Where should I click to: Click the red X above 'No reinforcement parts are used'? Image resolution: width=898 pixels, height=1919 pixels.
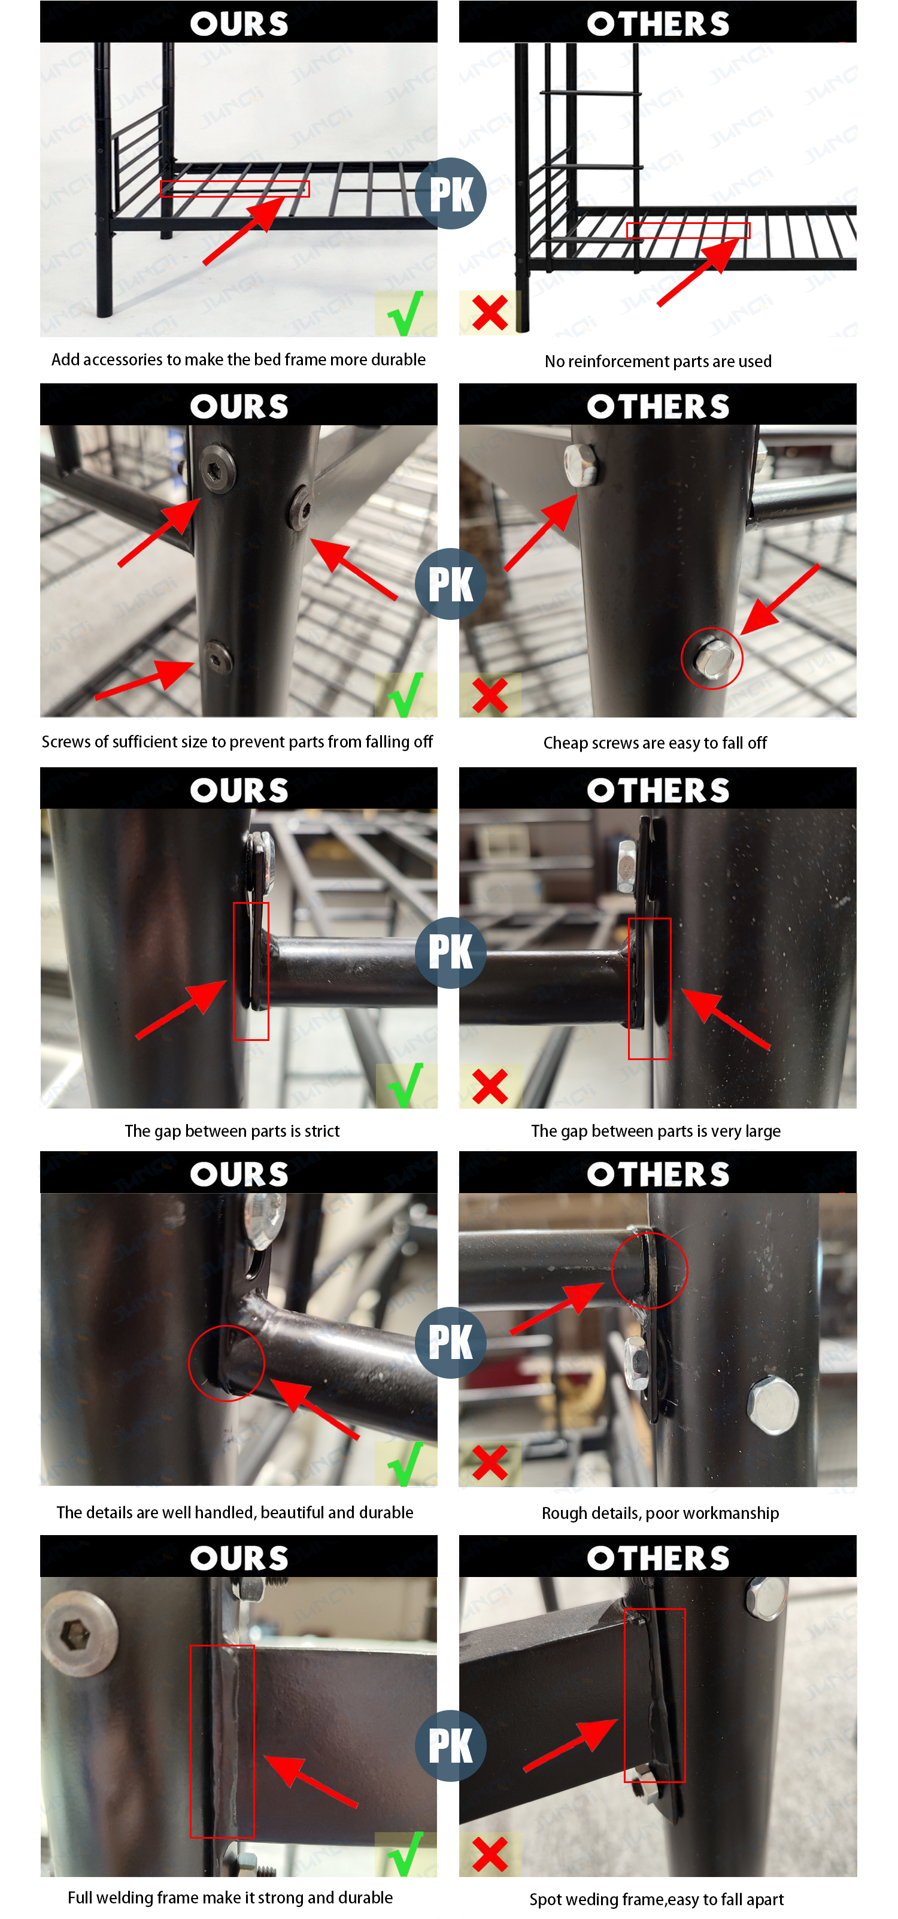click(490, 313)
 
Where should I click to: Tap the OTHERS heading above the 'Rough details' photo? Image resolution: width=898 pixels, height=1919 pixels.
click(659, 1173)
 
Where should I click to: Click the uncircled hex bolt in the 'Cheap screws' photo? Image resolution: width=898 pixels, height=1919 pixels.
click(580, 465)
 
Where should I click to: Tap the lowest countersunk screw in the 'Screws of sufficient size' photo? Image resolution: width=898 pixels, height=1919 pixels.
click(217, 657)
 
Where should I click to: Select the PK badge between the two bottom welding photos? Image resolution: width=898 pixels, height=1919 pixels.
click(450, 1745)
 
